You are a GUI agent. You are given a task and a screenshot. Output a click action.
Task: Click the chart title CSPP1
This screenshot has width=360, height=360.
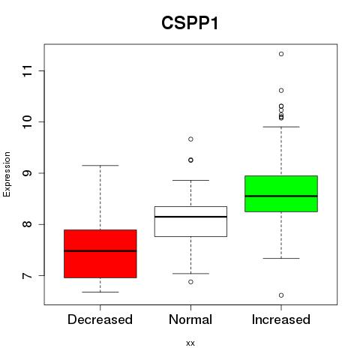[190, 23]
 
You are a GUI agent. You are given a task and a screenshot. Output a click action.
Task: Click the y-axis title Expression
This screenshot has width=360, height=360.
[7, 174]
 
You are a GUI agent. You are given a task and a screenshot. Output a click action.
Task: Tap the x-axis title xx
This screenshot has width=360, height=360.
[190, 343]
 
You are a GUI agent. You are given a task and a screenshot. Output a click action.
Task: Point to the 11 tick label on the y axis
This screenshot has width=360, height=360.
[28, 71]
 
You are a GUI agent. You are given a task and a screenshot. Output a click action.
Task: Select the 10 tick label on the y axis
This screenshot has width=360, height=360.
[28, 122]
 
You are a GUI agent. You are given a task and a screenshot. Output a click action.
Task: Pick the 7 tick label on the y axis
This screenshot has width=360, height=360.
[28, 275]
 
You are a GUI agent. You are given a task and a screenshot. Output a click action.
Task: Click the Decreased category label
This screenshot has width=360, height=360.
[100, 319]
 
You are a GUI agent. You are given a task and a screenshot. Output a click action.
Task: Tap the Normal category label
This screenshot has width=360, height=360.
[190, 319]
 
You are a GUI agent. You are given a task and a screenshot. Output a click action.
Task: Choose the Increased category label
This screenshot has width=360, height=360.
[281, 319]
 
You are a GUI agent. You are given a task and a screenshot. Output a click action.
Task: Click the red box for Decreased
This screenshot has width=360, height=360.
[100, 253]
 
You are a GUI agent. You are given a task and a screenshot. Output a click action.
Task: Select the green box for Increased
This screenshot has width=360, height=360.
[281, 193]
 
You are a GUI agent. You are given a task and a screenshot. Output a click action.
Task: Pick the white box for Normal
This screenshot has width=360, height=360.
[190, 221]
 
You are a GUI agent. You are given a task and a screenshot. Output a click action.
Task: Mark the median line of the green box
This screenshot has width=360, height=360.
[281, 196]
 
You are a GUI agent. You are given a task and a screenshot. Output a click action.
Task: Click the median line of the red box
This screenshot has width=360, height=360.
[100, 250]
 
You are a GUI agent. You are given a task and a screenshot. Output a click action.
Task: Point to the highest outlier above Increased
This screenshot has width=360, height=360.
[281, 54]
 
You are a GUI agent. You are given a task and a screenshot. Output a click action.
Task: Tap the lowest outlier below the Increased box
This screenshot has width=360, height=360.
[281, 295]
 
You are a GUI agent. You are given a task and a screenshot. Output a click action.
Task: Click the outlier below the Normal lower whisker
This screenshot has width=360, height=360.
[190, 282]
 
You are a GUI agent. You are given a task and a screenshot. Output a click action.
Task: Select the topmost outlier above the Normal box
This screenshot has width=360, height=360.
[190, 139]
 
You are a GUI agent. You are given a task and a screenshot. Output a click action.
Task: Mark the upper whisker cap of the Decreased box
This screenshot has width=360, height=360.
[100, 166]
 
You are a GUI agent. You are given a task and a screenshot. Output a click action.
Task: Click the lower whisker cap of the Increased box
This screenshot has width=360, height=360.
[281, 258]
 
